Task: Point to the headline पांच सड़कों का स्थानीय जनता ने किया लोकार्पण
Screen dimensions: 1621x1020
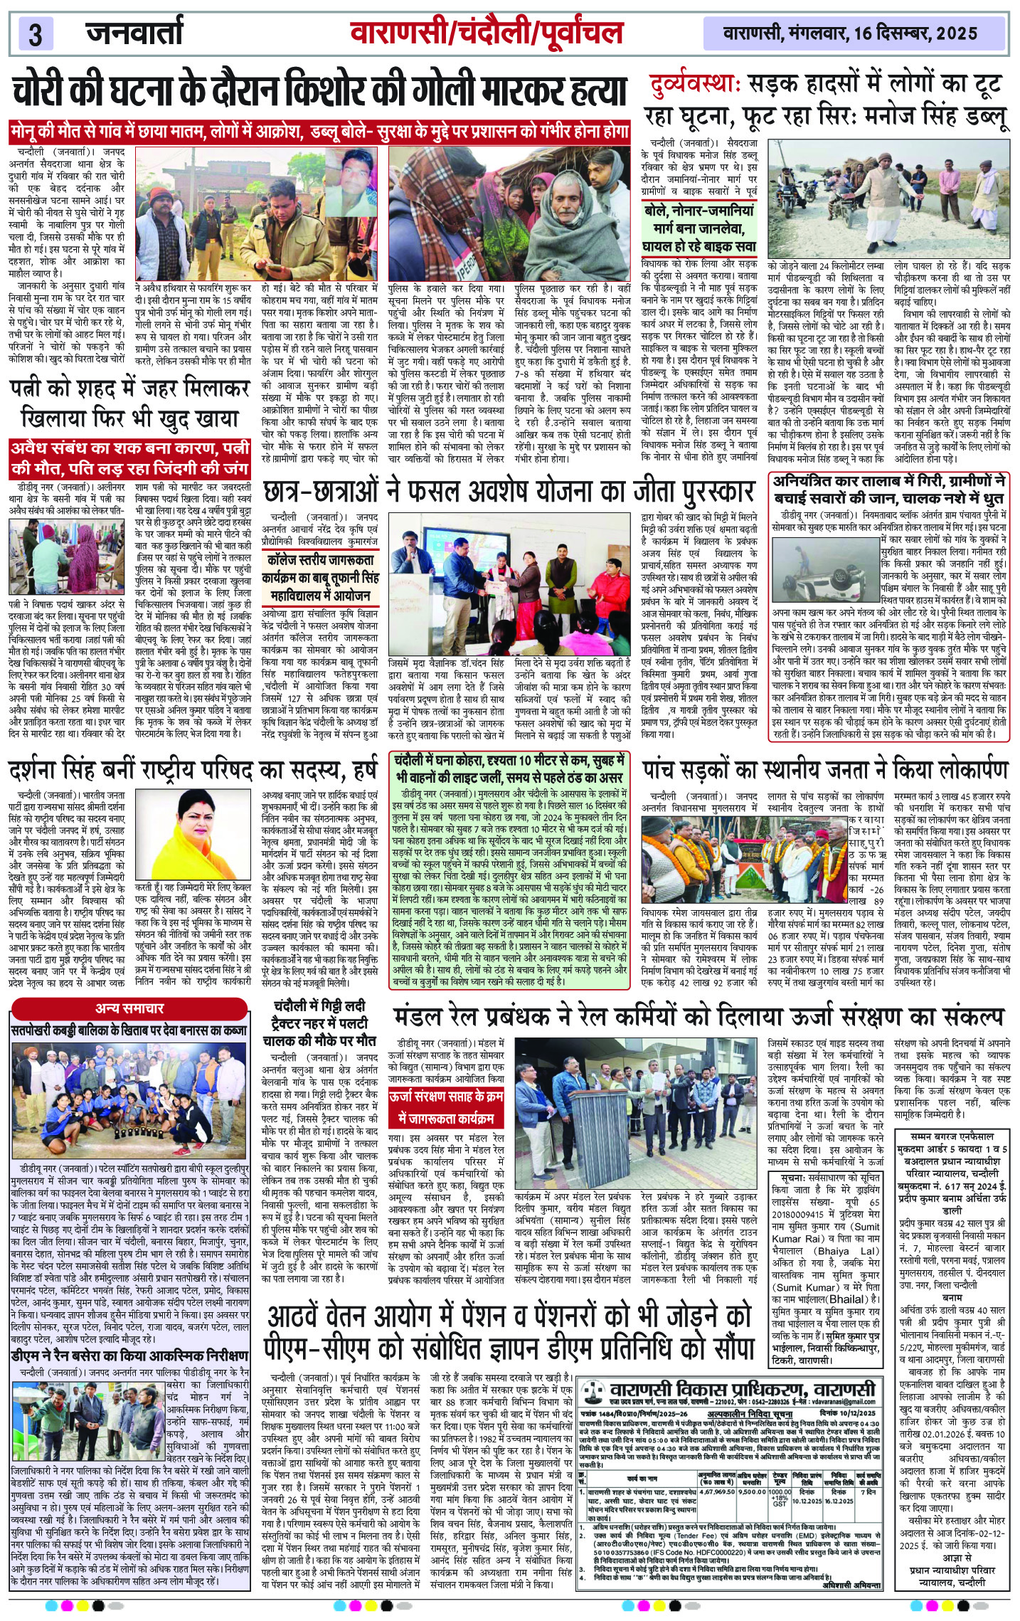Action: coord(825,770)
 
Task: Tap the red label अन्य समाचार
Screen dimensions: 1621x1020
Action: coord(129,1008)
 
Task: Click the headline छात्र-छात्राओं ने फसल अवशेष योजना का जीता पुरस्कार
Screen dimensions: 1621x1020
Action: coord(508,492)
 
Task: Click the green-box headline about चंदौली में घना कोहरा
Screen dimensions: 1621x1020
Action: coord(509,769)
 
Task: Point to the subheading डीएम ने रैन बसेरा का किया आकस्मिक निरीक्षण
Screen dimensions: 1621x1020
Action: coord(129,1356)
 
